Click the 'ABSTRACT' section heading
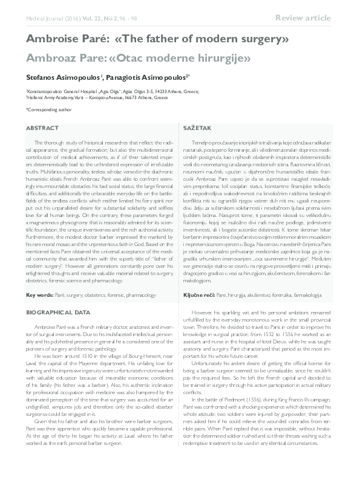pyautogui.click(x=42, y=129)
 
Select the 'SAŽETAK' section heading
pyautogui.click(x=197, y=129)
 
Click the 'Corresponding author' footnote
pyautogui.click(x=50, y=109)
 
